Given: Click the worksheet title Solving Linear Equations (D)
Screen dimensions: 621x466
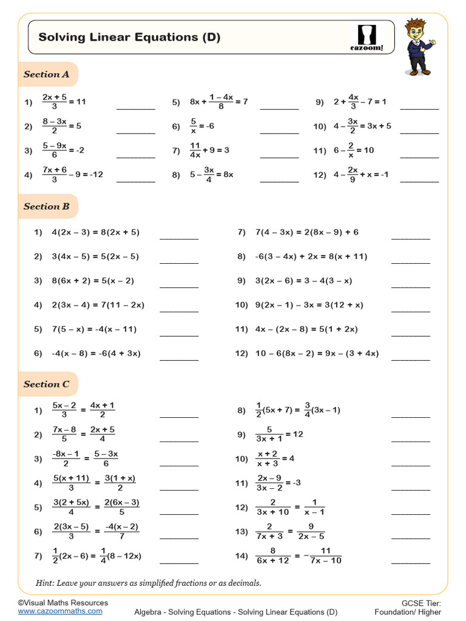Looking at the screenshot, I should point(129,38).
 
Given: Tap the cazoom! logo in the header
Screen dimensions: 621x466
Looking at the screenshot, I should point(366,38).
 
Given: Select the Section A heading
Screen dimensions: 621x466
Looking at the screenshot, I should point(46,75).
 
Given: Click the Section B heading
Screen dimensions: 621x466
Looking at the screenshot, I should point(46,206).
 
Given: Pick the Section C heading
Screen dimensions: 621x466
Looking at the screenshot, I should point(46,384).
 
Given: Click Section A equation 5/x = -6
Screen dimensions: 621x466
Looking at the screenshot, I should point(203,126).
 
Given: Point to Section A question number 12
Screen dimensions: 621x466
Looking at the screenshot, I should point(320,175).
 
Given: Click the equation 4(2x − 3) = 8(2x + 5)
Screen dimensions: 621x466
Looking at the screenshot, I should point(96,232).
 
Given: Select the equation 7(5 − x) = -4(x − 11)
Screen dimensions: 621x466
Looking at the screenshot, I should point(94,329).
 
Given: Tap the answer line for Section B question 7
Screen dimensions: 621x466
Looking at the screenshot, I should point(410,238).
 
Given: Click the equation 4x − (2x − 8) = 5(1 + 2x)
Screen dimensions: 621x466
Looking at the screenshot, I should point(306,329).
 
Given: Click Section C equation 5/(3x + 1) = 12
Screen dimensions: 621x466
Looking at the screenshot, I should point(279,435).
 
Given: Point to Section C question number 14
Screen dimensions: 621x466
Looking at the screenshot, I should point(241,556).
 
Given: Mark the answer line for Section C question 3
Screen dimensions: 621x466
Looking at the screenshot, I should point(178,465).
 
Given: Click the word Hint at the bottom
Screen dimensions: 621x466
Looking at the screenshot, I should point(45,583).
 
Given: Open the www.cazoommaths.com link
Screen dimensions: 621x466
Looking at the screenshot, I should point(60,611).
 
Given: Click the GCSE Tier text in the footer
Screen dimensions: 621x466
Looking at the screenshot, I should point(421,603).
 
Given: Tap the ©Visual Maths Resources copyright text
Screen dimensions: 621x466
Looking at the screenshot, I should point(62,603).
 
